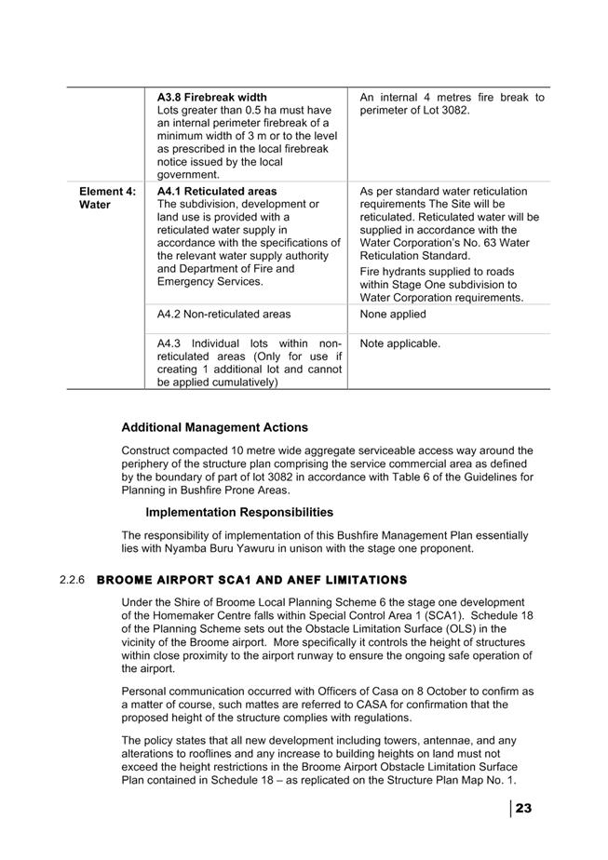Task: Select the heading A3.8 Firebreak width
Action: [x=211, y=97]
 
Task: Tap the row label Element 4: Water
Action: [x=107, y=198]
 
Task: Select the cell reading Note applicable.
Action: [x=400, y=343]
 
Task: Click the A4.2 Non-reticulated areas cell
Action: [x=223, y=315]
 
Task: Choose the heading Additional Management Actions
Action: [x=214, y=427]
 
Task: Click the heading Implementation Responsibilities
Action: [x=239, y=512]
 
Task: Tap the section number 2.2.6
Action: [x=72, y=580]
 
